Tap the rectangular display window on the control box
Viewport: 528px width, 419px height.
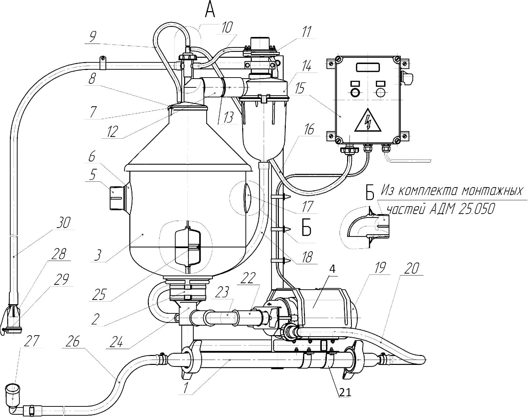point(368,67)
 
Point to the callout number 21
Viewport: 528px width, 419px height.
point(344,392)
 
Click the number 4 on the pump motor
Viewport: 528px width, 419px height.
point(333,269)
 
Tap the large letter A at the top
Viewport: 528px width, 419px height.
point(210,9)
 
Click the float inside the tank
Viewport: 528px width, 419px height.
point(188,246)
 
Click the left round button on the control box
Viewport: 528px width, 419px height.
point(355,92)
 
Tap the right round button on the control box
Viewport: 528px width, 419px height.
point(380,92)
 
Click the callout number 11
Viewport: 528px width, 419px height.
point(307,32)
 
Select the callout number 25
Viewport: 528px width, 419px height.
point(100,295)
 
